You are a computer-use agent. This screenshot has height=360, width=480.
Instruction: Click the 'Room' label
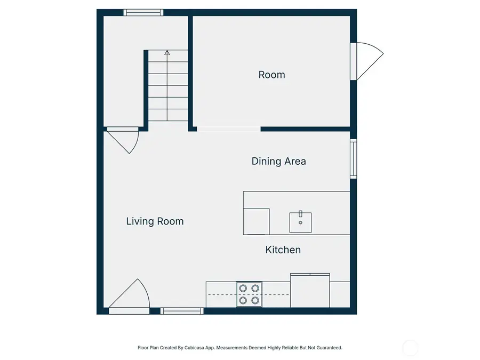tap(271, 75)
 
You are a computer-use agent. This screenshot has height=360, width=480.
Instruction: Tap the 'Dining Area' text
tap(278, 161)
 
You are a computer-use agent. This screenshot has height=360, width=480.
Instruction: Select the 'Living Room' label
tap(155, 221)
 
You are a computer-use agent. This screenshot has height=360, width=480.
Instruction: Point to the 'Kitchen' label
tap(283, 250)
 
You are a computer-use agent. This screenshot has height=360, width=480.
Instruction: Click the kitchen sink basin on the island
tap(301, 222)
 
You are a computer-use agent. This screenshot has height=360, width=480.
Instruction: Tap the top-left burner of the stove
tap(243, 289)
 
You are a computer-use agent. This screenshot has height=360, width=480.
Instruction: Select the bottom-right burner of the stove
tap(255, 300)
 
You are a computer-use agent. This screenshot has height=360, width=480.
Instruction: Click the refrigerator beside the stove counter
tap(310, 291)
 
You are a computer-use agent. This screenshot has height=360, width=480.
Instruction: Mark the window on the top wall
tap(143, 12)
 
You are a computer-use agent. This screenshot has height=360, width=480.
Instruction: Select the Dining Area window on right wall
tap(353, 158)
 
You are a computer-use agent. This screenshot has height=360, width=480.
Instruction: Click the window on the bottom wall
tap(182, 311)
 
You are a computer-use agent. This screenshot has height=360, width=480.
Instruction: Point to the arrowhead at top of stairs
tap(167, 53)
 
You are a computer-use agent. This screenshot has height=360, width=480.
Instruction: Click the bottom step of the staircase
tap(167, 118)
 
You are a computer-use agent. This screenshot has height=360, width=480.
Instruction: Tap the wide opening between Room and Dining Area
tap(228, 129)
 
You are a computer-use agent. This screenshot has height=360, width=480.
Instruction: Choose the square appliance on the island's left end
tap(257, 221)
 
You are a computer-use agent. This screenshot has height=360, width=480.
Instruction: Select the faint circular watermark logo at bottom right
tap(410, 348)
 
